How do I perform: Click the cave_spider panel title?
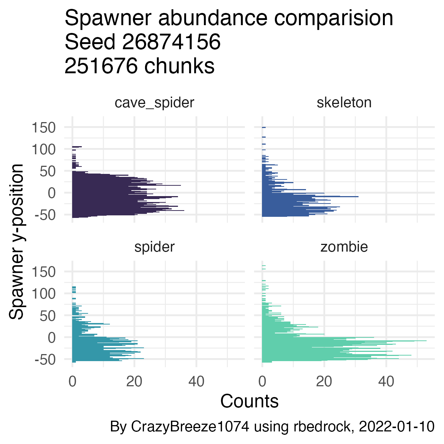(154, 102)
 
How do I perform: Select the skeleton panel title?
(344, 102)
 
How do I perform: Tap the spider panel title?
(154, 247)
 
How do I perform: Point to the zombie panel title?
(344, 247)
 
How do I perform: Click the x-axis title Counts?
(249, 401)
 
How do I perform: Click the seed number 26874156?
(171, 42)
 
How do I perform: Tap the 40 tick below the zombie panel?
(386, 381)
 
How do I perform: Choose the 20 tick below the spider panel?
(134, 381)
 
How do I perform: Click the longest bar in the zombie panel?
(344, 341)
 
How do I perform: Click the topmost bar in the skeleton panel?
(264, 127)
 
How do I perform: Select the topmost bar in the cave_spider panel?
(77, 147)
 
